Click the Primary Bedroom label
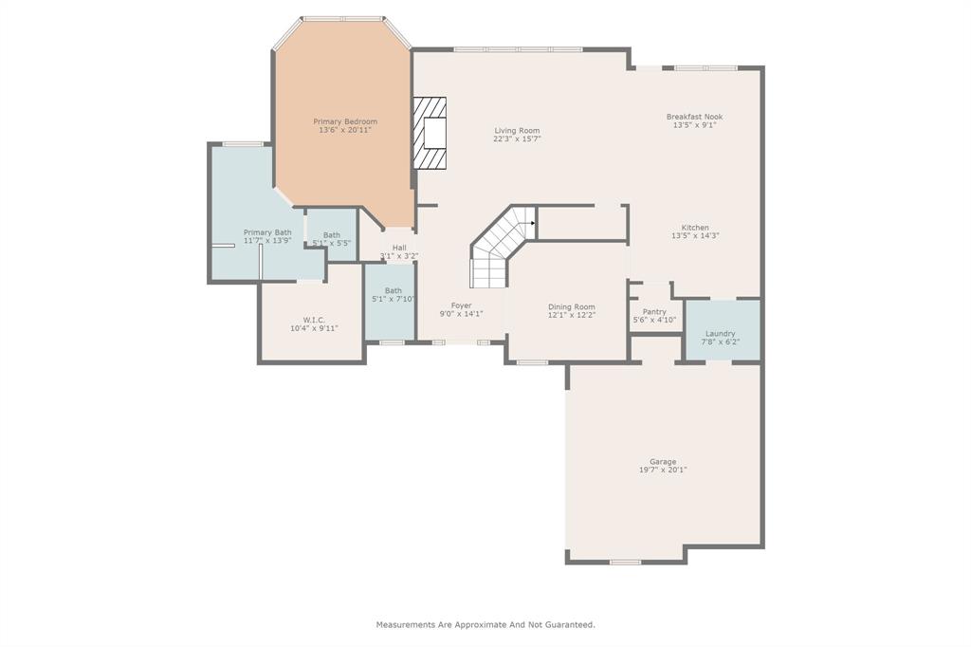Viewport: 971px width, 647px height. [x=345, y=121]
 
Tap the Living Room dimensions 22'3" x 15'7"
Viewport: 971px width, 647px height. [x=517, y=139]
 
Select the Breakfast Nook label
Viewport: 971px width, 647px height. [x=695, y=117]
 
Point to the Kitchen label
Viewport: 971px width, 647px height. [x=695, y=228]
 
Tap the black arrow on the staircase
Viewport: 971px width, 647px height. [x=533, y=224]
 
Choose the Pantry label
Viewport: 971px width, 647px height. [x=654, y=312]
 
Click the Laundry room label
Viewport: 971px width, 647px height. [x=721, y=333]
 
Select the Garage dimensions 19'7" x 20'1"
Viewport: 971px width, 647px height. [x=663, y=470]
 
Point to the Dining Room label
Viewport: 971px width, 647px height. [x=572, y=306]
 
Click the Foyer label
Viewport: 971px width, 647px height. [x=462, y=305]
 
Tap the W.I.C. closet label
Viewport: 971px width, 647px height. [x=314, y=320]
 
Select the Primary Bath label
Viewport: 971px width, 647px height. [x=267, y=232]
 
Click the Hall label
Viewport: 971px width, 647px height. [x=399, y=248]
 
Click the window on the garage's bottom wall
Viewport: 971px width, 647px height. [x=626, y=563]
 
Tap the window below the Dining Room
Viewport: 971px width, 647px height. [x=533, y=362]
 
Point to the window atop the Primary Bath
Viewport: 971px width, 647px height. [x=243, y=144]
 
